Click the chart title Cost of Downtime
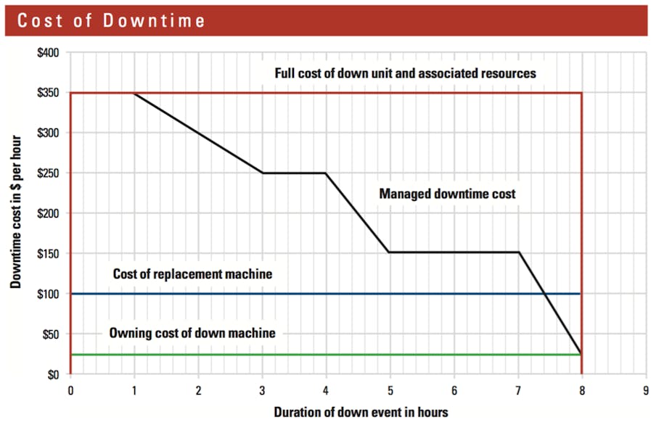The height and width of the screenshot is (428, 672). click(111, 20)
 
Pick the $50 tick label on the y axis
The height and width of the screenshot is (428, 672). click(52, 334)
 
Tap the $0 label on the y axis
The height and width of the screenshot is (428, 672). click(54, 375)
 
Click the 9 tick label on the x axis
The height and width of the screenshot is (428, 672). click(646, 390)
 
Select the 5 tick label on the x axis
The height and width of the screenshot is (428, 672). click(390, 390)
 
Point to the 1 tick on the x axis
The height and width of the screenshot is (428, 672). click(134, 390)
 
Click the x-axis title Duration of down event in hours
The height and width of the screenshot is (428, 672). click(361, 412)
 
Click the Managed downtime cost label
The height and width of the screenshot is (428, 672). click(447, 194)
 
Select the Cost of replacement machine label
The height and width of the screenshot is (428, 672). click(192, 274)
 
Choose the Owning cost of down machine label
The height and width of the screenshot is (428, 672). click(192, 333)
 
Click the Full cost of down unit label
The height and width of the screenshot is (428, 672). click(405, 73)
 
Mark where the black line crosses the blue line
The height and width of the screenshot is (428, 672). click(543, 294)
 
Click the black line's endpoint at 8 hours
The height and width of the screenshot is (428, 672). click(581, 354)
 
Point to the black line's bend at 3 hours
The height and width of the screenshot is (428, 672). click(262, 173)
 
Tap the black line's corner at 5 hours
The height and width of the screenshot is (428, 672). click(390, 252)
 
